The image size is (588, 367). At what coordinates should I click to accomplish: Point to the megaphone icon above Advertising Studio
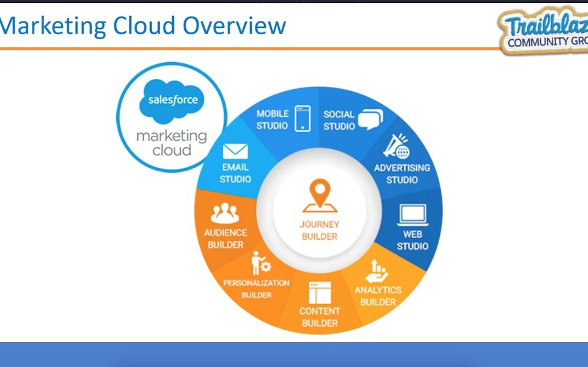[x=396, y=147]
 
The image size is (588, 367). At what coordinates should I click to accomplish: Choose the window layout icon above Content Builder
[x=320, y=293]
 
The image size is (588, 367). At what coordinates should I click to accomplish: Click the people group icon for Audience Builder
[x=225, y=213]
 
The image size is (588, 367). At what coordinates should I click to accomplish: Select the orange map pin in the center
[x=319, y=195]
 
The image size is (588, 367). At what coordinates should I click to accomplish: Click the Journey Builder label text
[x=319, y=230]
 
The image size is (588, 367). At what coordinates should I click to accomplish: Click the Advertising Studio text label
[x=402, y=174]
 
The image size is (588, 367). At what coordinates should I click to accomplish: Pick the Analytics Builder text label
[x=378, y=295]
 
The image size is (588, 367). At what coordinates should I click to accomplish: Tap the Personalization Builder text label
[x=256, y=289]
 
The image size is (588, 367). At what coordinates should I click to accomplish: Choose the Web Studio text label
[x=412, y=240]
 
